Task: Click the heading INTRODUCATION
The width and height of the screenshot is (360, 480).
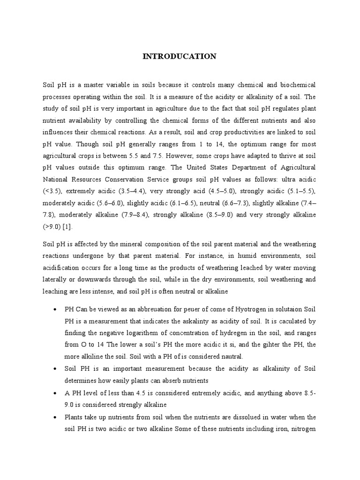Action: tap(180, 56)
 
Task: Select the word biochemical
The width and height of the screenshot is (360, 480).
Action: tap(294, 85)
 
